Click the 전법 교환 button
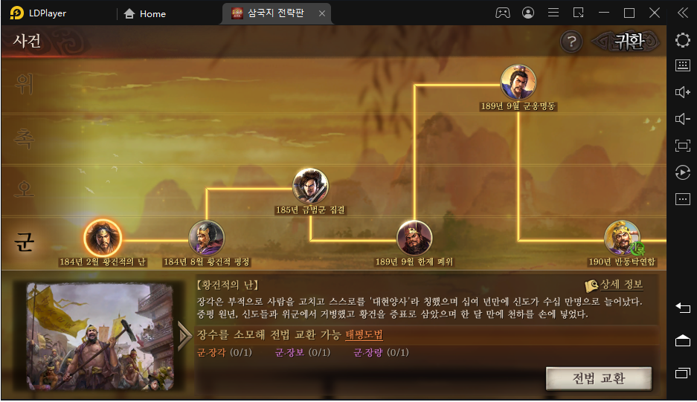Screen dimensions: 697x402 [x=598, y=378]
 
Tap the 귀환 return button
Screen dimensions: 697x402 [x=629, y=42]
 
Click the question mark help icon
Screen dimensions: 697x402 [x=571, y=42]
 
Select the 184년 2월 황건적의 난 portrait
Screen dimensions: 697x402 [x=103, y=238]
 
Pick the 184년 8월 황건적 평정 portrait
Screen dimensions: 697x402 [x=206, y=238]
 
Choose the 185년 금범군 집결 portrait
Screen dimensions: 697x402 [x=310, y=186]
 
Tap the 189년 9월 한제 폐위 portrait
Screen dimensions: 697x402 [x=414, y=238]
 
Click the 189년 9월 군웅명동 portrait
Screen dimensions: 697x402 [x=518, y=82]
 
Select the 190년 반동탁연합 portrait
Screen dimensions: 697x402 [x=622, y=238]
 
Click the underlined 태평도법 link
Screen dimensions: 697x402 [x=364, y=335]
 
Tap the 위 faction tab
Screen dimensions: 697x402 [x=25, y=85]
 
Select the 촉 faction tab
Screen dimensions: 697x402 [x=25, y=137]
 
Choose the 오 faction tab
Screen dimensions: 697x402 [x=25, y=189]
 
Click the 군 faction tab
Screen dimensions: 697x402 [x=25, y=241]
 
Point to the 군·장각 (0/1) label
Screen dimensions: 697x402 [x=223, y=352]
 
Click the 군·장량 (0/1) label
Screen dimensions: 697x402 [x=380, y=352]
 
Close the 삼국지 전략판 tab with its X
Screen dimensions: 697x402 [x=321, y=13]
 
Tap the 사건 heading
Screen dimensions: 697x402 [x=27, y=42]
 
